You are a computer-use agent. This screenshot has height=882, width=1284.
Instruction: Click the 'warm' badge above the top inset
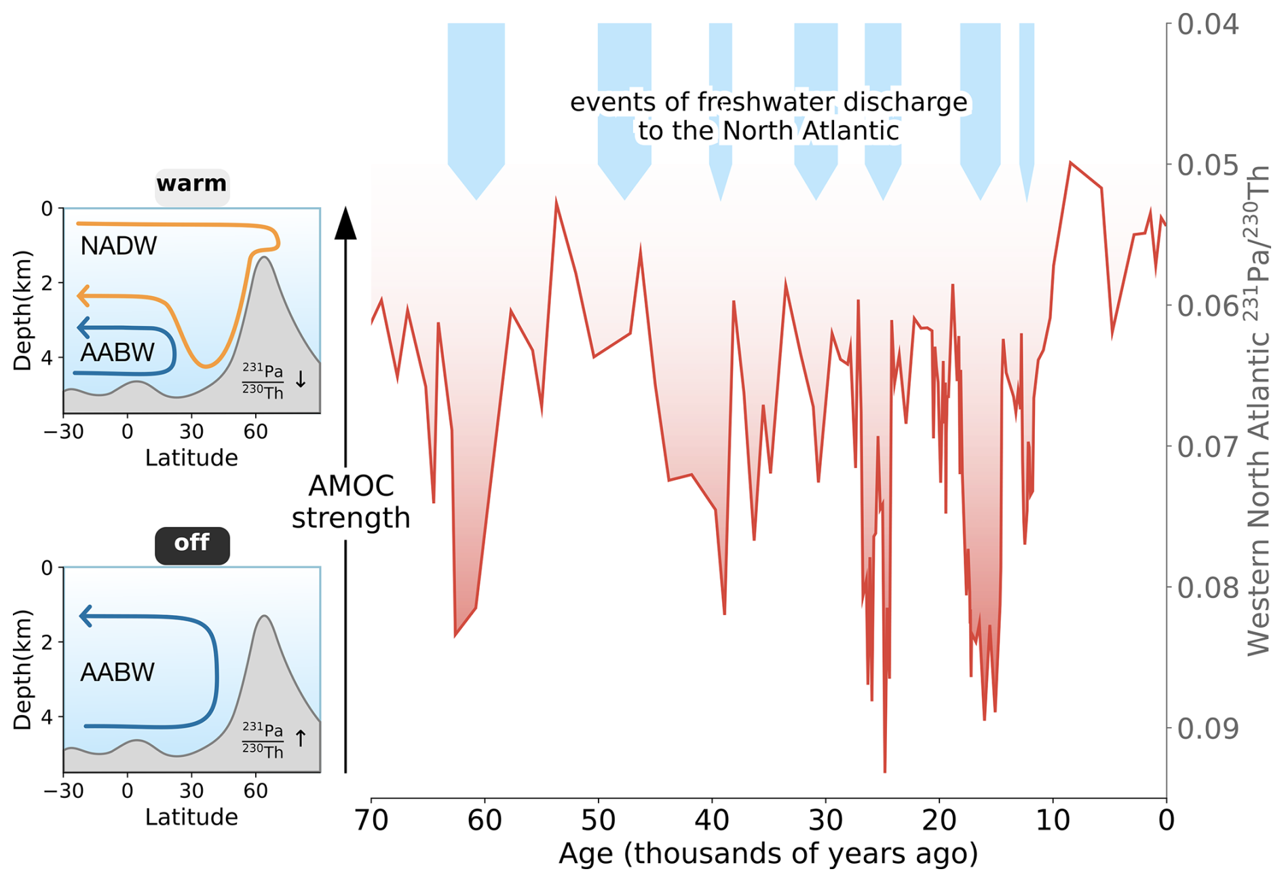click(191, 184)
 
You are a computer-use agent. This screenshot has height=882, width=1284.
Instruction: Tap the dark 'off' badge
click(191, 543)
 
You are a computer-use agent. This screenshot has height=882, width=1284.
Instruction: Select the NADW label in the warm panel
click(118, 246)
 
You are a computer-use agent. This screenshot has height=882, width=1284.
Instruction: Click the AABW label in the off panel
click(117, 672)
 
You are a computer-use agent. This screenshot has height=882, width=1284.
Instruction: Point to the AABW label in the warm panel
click(117, 352)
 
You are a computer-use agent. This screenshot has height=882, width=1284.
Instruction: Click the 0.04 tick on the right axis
click(1207, 24)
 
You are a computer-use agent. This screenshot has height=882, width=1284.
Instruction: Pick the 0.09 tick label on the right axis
click(1207, 728)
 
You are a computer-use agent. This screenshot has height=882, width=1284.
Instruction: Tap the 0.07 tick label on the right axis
click(1207, 447)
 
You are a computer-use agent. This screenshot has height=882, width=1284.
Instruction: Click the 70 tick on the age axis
click(371, 820)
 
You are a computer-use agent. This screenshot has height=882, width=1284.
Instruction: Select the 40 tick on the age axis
click(712, 820)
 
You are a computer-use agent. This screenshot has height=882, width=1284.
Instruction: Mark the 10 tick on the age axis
click(1053, 820)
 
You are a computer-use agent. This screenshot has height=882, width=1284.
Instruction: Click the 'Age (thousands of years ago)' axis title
click(768, 853)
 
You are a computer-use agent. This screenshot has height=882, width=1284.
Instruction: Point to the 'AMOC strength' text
click(351, 502)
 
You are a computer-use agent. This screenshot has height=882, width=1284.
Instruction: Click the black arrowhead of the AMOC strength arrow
click(345, 224)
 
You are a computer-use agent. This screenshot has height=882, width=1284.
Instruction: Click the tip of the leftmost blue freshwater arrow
click(476, 198)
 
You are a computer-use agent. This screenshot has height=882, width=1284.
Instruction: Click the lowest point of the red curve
click(885, 771)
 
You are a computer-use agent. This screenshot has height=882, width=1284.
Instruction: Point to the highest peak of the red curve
click(1070, 162)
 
